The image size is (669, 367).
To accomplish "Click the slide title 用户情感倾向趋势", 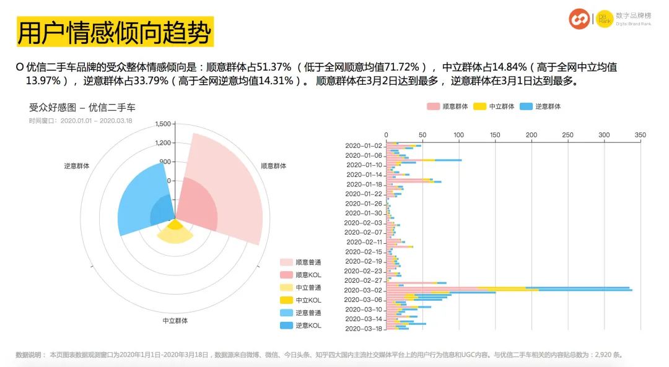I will [115, 32].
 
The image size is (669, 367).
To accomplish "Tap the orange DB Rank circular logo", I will [580, 19].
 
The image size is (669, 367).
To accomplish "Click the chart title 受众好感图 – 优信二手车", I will [81, 106].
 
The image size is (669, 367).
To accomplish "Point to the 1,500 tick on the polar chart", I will [163, 124].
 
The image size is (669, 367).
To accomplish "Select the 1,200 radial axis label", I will [163, 143].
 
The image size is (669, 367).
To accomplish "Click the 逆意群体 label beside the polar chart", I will [76, 166].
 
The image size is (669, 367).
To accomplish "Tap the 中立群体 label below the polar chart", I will [175, 321].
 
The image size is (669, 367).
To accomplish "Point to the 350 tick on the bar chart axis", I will [641, 134].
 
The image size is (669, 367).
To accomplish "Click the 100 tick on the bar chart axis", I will [459, 134].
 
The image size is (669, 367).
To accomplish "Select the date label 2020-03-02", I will [363, 290].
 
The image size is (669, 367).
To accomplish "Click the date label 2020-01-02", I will [363, 145].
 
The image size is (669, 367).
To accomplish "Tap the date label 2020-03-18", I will [363, 329].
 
